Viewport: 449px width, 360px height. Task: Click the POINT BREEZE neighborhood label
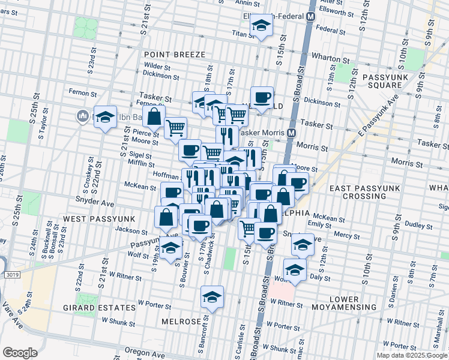[x=175, y=55]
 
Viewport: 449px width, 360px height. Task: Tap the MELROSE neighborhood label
[x=181, y=322]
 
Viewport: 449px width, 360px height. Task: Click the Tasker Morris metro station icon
[x=291, y=133]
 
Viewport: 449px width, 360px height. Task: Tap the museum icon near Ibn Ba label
[x=82, y=115]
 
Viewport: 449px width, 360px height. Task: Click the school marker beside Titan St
[x=261, y=27]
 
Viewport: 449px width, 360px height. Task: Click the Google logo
[x=20, y=352]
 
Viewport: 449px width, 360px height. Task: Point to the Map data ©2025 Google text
[x=412, y=355]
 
